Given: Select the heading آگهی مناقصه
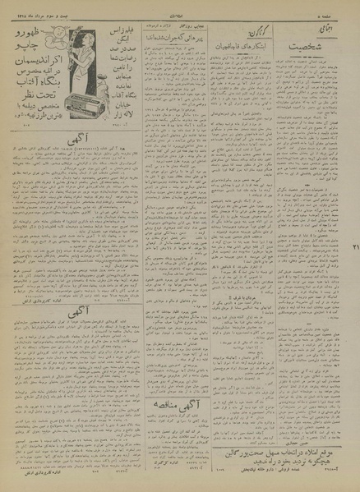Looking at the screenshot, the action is point(173,425).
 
